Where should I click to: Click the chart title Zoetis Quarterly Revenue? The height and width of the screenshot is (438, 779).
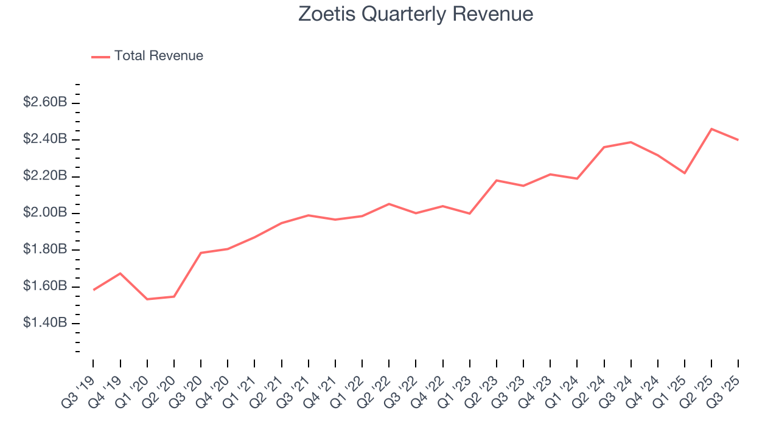click(x=416, y=14)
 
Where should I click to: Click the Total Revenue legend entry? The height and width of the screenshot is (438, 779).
click(x=158, y=56)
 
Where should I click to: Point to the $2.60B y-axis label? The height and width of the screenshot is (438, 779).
click(x=45, y=102)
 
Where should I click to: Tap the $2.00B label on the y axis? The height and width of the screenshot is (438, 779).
click(x=45, y=213)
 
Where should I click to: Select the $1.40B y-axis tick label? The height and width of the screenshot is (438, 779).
click(x=45, y=322)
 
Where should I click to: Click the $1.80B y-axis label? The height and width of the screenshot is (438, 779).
click(x=45, y=249)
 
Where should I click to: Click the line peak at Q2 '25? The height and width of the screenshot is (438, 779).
click(x=711, y=129)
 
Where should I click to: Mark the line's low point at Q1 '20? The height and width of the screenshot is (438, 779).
click(x=147, y=299)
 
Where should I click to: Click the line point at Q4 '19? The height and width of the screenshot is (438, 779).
click(x=121, y=273)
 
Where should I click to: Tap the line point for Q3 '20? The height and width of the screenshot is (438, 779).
click(x=201, y=252)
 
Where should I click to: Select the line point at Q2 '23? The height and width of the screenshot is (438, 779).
click(x=497, y=181)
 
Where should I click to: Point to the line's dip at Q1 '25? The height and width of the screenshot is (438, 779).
click(x=685, y=173)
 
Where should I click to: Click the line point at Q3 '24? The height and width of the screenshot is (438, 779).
click(x=631, y=142)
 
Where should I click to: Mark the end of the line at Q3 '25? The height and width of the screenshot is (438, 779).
click(x=738, y=140)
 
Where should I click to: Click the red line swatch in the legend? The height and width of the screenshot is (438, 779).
click(x=100, y=57)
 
